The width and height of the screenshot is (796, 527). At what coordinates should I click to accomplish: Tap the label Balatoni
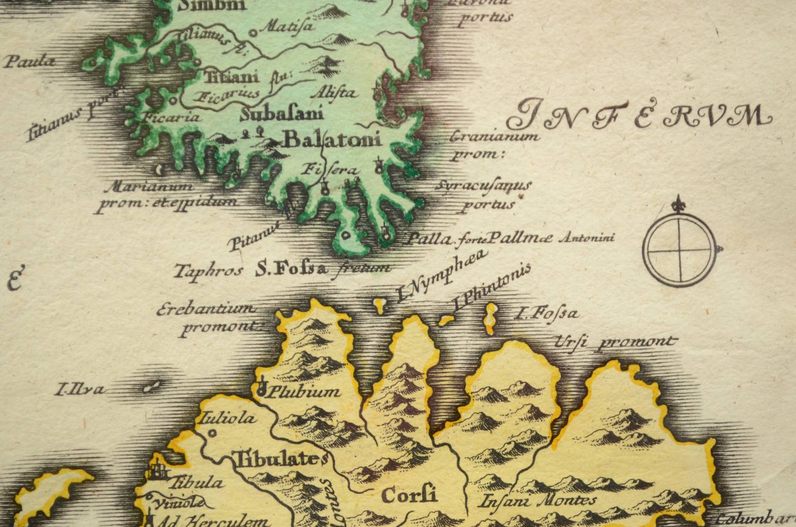(332, 139)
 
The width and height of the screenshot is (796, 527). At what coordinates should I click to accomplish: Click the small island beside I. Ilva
(151, 387)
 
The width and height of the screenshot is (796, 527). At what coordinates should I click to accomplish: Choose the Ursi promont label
(615, 342)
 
